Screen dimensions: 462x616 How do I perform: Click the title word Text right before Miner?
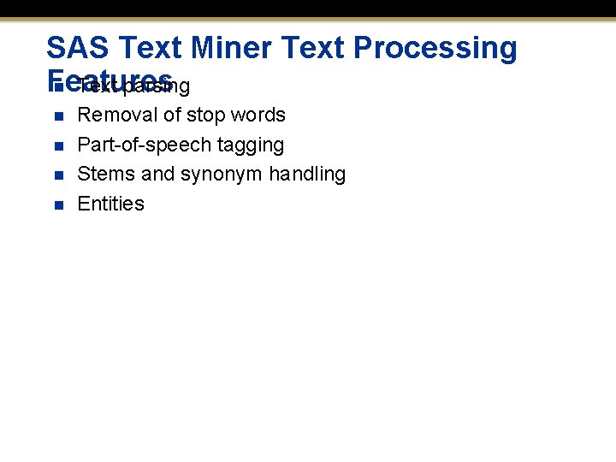pyautogui.click(x=152, y=48)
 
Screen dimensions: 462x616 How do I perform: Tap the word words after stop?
pyautogui.click(x=258, y=115)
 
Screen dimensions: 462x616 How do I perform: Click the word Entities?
pyautogui.click(x=110, y=204)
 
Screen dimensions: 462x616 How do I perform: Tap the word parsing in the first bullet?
pyautogui.click(x=157, y=86)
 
